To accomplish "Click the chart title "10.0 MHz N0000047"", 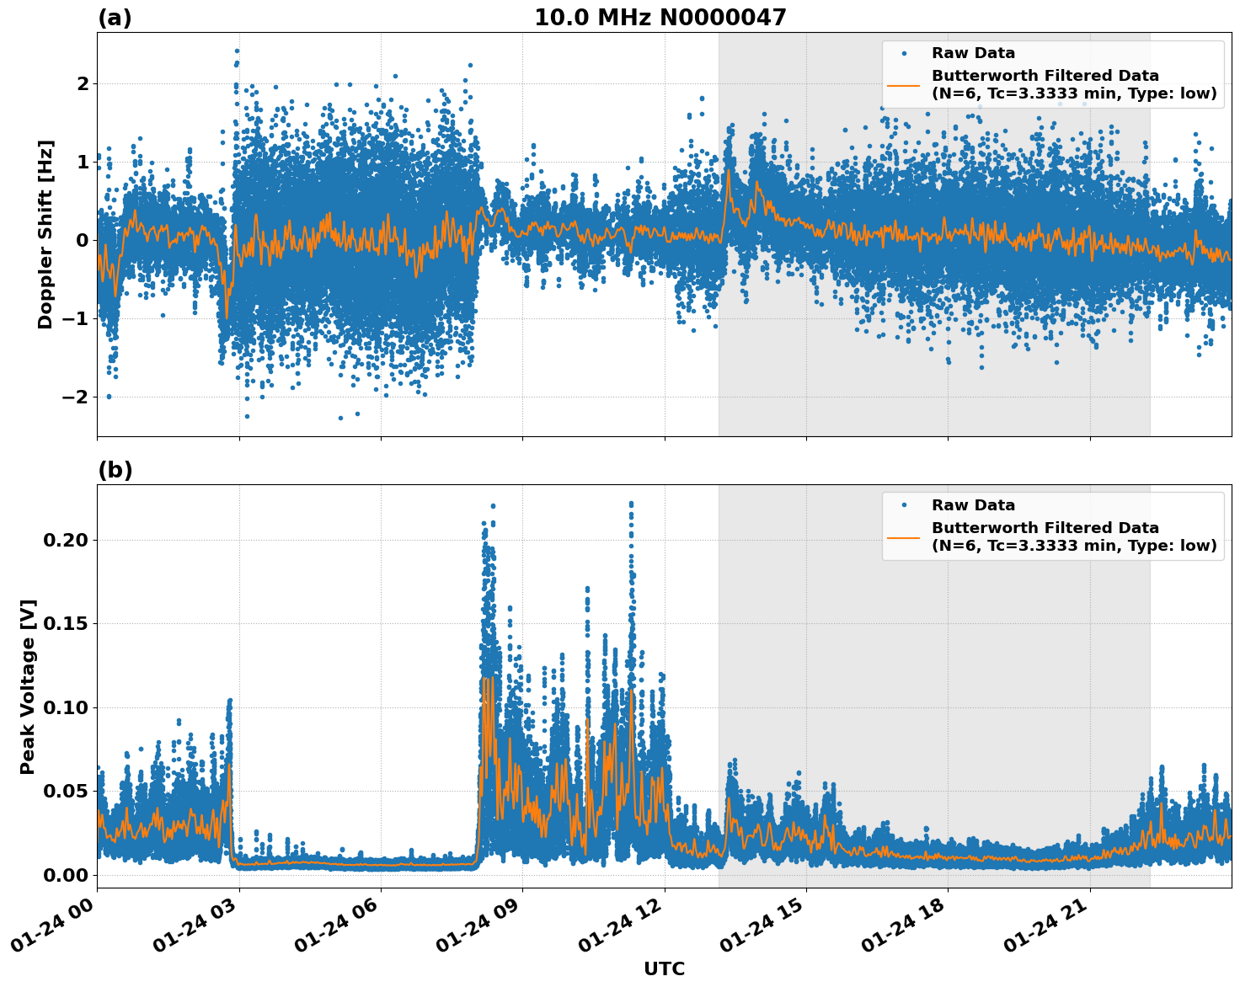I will (x=660, y=18).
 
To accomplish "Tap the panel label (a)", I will (x=115, y=18).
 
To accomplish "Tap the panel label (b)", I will (x=115, y=470).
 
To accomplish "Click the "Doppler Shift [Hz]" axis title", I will (x=45, y=234).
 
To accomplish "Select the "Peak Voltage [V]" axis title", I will (x=28, y=686).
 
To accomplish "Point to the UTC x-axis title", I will (x=664, y=968).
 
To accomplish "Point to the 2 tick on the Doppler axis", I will (x=83, y=83).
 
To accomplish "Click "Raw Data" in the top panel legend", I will (x=973, y=54).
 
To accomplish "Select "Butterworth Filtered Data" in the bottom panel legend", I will (x=1045, y=528).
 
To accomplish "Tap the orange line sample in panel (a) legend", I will (x=904, y=84).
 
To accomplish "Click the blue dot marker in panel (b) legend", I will (x=904, y=505).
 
